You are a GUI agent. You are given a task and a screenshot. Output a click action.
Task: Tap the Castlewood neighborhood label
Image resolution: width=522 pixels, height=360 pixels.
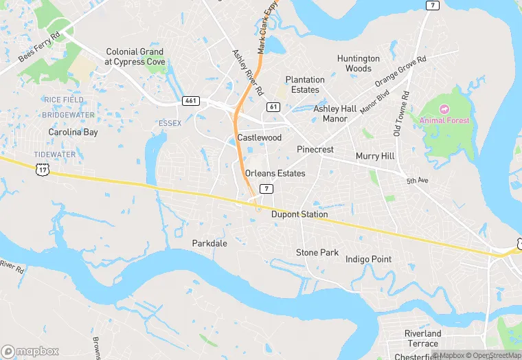pyautogui.click(x=260, y=138)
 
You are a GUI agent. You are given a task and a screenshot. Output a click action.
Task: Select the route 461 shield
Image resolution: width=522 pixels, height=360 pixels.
pyautogui.click(x=191, y=101)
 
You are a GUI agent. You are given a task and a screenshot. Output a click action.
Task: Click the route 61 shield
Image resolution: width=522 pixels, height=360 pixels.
pyautogui.click(x=273, y=106)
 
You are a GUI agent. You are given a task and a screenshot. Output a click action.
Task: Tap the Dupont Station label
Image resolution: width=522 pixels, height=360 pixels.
pyautogui.click(x=299, y=214)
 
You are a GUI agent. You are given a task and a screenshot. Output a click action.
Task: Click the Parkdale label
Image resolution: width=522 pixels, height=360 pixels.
pyautogui.click(x=209, y=243)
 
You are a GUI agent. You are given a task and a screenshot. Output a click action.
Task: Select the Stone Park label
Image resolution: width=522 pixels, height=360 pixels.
pyautogui.click(x=317, y=253)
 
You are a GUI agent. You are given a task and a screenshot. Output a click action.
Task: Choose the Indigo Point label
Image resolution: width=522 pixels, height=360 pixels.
pyautogui.click(x=368, y=259)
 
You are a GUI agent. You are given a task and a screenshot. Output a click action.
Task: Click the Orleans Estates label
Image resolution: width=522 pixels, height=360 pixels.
pyautogui.click(x=275, y=173)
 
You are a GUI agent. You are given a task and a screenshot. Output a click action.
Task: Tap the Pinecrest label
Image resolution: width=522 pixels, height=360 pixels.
pyautogui.click(x=315, y=149)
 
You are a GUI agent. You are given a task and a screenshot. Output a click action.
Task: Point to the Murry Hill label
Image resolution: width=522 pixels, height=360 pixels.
pyautogui.click(x=375, y=156)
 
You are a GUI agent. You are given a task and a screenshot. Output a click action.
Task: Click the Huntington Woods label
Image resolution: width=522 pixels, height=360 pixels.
pyautogui.click(x=359, y=63)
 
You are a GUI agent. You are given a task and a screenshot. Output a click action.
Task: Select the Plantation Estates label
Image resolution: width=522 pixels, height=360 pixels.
pyautogui.click(x=305, y=85)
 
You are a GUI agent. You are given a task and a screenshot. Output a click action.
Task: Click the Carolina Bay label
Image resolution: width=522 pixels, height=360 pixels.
pyautogui.click(x=73, y=131)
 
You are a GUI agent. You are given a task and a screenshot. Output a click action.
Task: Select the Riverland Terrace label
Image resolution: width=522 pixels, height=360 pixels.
pyautogui.click(x=422, y=338)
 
